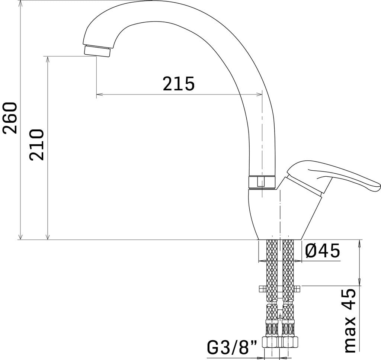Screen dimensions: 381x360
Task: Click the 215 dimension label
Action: click(x=179, y=84)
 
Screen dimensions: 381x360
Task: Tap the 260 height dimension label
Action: click(x=10, y=118)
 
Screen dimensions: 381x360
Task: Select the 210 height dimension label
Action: click(x=36, y=145)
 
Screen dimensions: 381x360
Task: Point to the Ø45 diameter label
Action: click(x=323, y=251)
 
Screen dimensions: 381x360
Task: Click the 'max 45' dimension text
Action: click(x=350, y=320)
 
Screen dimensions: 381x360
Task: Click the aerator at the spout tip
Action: click(x=97, y=51)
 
